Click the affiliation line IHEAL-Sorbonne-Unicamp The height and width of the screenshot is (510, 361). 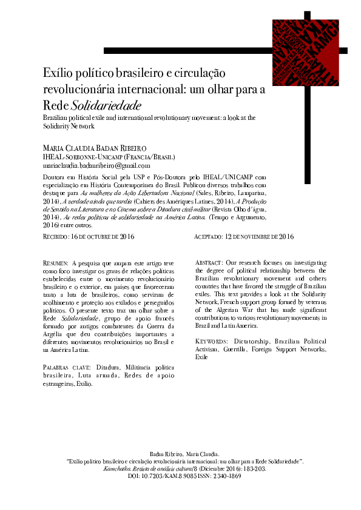pyautogui.click(x=96, y=156)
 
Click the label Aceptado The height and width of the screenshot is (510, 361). pyautogui.click(x=211, y=237)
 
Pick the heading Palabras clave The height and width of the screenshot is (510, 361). pyautogui.click(x=66, y=368)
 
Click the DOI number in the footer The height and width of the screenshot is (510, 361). pyautogui.click(x=176, y=476)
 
